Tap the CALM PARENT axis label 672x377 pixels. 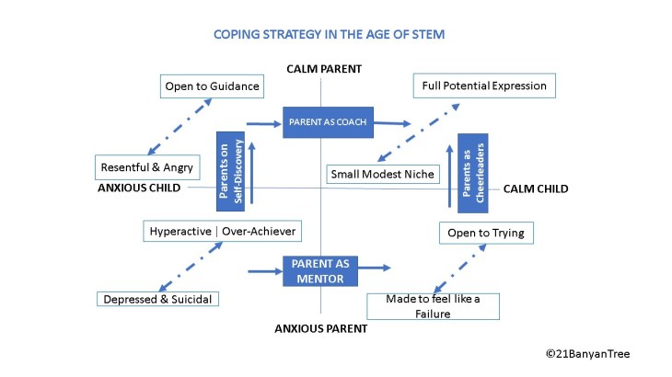coord(324,69)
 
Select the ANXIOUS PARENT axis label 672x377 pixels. coord(321,327)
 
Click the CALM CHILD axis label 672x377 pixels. coord(536,188)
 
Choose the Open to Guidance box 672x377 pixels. coord(212,86)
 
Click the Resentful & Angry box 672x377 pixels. coord(147,167)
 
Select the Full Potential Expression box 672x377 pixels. coord(484,86)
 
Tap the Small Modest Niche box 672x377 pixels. coord(381,173)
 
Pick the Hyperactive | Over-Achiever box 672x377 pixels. coord(222,231)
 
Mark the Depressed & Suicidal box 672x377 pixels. coord(158,299)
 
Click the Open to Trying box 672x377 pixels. coord(486,233)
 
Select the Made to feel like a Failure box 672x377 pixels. coord(433,306)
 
